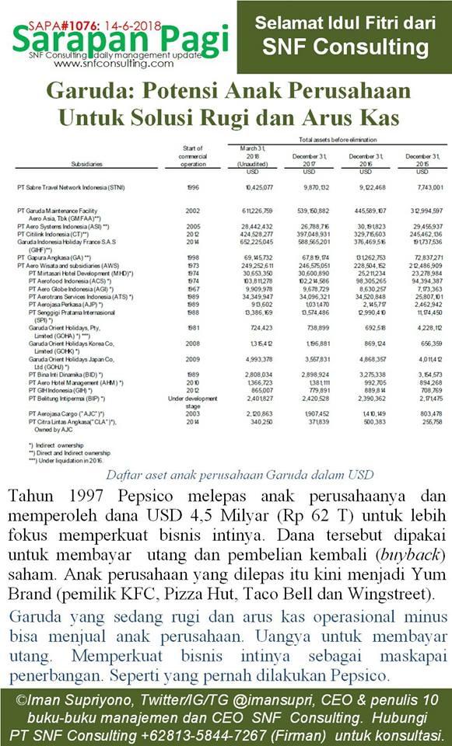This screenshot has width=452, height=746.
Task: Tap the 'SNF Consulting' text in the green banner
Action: click(x=345, y=47)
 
